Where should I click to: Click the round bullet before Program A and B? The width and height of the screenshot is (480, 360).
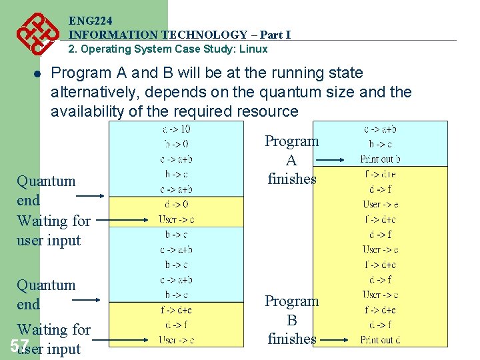point(39,75)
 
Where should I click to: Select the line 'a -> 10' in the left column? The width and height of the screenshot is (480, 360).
point(176,129)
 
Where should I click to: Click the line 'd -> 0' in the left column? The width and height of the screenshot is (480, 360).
point(176,204)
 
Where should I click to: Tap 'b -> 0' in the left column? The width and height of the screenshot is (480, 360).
point(176,143)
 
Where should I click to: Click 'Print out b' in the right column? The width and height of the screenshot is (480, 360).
point(381,159)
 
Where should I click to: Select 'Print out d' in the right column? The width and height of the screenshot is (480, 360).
point(381,340)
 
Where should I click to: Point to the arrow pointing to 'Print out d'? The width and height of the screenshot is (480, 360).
point(332,340)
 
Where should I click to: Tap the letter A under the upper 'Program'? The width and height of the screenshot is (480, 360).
point(291,161)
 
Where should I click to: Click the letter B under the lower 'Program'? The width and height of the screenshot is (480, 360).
point(291,321)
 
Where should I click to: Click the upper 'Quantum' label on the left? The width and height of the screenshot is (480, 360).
point(46,181)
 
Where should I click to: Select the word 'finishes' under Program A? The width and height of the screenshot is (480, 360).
point(291,179)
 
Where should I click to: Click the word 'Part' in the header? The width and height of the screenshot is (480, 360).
point(271,35)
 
